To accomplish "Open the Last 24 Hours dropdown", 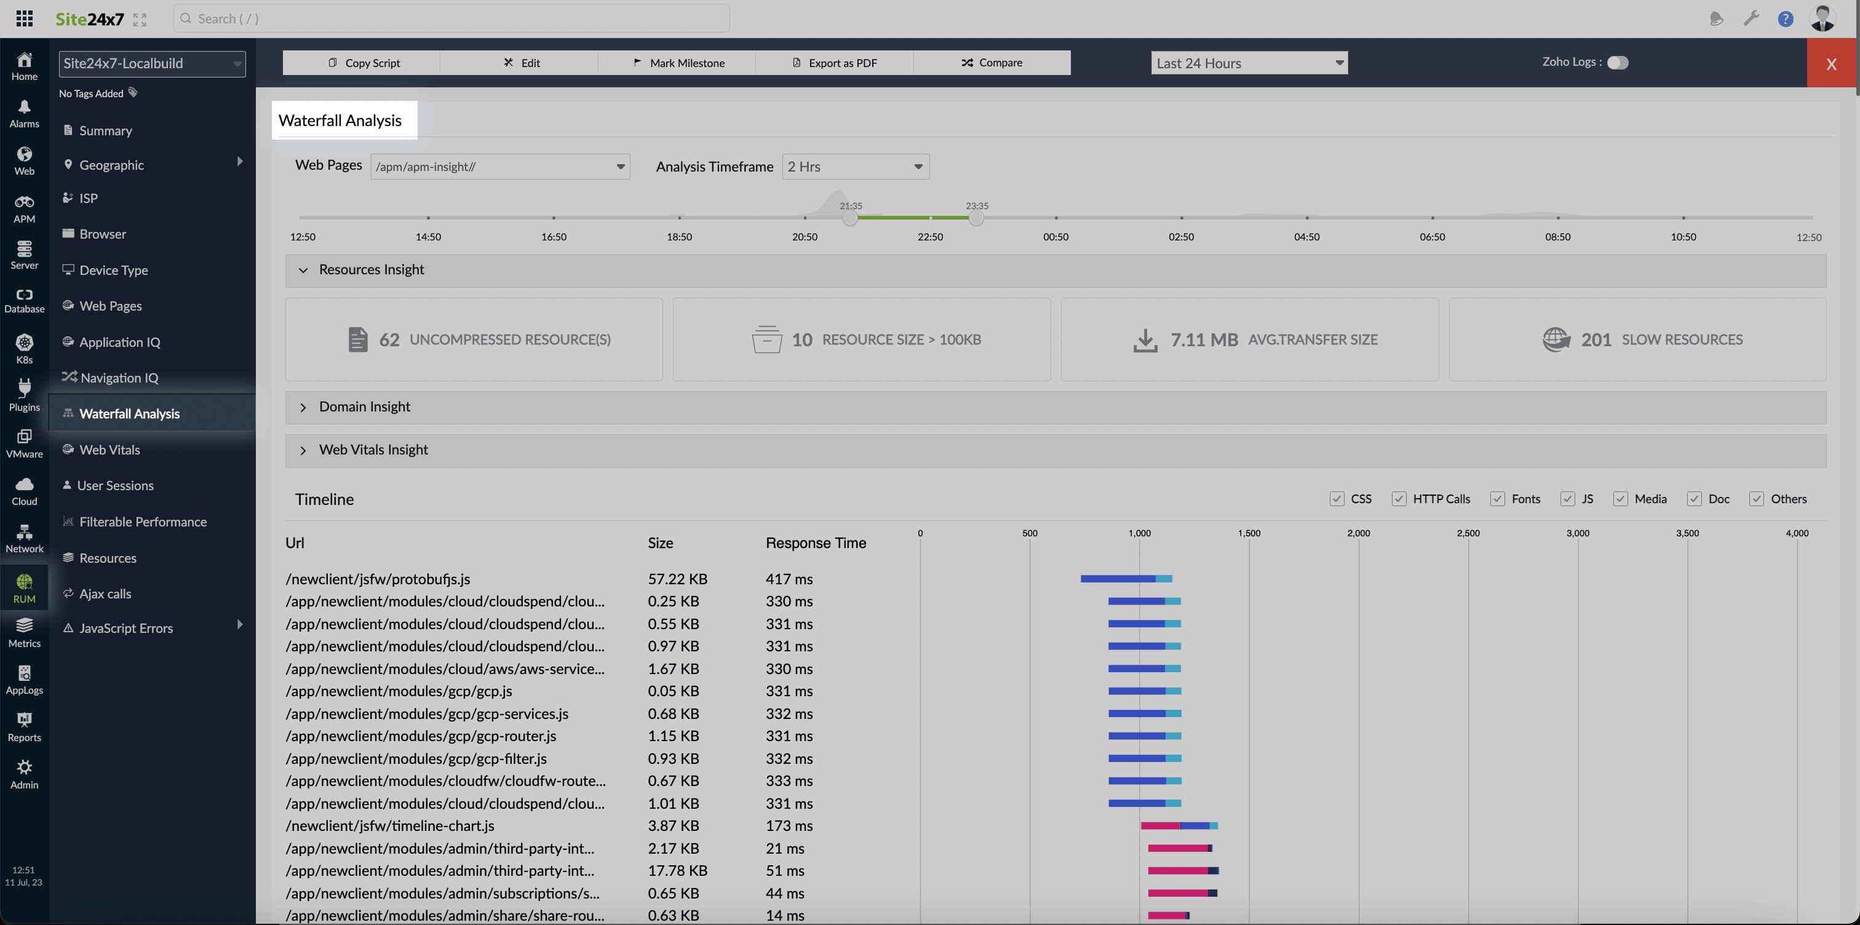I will click(1249, 63).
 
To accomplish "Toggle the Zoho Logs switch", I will click(1618, 63).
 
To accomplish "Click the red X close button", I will click(1831, 63).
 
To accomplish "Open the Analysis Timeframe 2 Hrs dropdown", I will click(855, 167).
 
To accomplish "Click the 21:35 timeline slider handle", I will click(851, 218).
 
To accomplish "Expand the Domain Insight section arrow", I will click(303, 407).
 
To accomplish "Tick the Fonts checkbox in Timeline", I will click(1498, 499).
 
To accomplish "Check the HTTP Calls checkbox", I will click(1399, 499).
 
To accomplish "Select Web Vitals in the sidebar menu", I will click(109, 450).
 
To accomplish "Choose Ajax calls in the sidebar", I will click(105, 594).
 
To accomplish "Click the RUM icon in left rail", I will click(24, 588).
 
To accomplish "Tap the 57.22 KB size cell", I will click(677, 579).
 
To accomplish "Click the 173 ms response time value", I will click(789, 825).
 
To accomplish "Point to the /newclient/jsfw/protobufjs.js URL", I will click(378, 579).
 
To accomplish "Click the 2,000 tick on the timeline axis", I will click(1358, 533).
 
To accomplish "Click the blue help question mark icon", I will click(1785, 19).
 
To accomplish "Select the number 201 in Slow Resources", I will click(1596, 339).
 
